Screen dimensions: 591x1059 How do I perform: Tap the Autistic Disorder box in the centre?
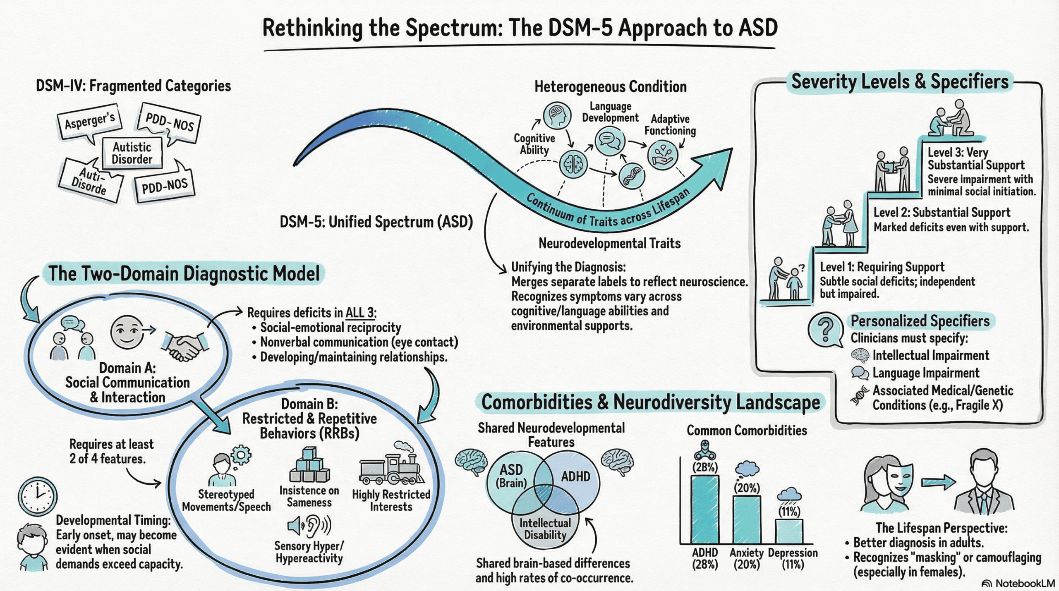point(132,153)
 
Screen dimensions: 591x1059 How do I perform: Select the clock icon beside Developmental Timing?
point(38,496)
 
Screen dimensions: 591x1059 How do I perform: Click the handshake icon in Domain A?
point(185,346)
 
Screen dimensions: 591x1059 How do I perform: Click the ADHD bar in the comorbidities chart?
point(705,509)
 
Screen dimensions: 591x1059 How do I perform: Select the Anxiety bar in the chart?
point(747,519)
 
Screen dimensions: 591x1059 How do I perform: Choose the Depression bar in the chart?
point(789,531)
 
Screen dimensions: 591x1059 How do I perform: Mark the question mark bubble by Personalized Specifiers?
point(825,330)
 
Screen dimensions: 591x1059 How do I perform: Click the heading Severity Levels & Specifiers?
point(900,82)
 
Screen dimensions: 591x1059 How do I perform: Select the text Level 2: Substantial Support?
point(942,213)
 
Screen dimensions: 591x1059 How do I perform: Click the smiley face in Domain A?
point(127,332)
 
